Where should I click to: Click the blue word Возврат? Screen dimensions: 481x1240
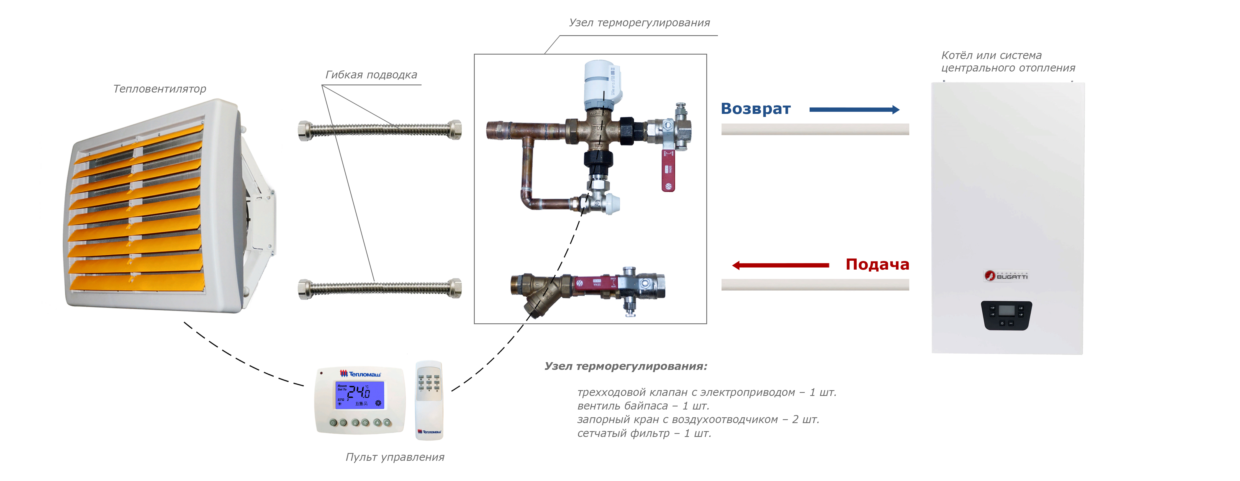(755, 109)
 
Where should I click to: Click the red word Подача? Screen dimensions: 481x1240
(877, 264)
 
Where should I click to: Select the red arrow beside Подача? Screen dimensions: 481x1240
(780, 265)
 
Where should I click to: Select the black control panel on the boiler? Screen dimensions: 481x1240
(1006, 315)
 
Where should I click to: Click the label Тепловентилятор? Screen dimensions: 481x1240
(159, 89)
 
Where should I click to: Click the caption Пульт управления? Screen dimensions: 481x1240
(395, 457)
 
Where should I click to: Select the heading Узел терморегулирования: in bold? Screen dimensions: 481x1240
(626, 366)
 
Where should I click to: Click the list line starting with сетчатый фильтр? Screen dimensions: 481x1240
(644, 433)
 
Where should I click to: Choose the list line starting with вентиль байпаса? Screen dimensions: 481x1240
(643, 406)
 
